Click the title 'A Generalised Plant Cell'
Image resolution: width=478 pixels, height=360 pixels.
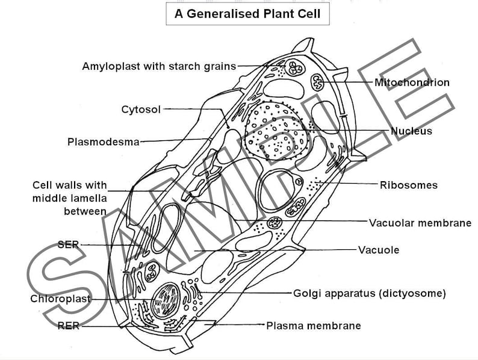pos(247,14)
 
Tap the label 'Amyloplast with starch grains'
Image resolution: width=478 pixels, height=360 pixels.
pos(159,66)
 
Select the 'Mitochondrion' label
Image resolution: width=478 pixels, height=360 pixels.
pos(412,82)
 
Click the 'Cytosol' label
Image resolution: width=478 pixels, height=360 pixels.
pos(141,110)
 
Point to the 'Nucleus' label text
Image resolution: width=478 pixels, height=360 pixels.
pos(411,131)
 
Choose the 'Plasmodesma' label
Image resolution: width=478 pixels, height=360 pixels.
pos(103,142)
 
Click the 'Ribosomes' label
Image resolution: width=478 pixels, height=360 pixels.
pos(408,185)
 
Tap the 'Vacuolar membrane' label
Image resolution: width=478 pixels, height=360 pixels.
pos(420,223)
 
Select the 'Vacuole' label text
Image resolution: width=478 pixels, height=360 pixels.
pos(379,250)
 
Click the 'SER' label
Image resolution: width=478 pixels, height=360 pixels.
pos(68,244)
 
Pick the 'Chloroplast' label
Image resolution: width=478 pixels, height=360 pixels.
pos(60,299)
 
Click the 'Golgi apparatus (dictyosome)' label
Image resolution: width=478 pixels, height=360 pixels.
pos(370,294)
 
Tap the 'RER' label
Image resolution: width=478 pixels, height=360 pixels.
pos(68,326)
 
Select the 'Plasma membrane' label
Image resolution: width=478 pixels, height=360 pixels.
pos(314,326)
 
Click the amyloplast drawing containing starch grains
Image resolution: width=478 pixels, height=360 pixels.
pos(296,68)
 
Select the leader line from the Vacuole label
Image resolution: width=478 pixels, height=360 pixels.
pos(277,250)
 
